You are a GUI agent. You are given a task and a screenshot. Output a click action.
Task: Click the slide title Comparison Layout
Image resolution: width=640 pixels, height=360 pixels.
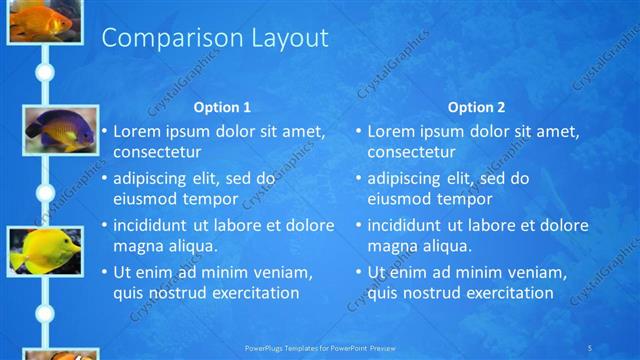click(x=215, y=39)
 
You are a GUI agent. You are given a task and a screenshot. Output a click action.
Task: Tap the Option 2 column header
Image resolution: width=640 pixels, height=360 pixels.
click(x=476, y=107)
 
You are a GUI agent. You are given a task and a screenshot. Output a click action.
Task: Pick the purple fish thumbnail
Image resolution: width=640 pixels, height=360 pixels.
click(x=44, y=128)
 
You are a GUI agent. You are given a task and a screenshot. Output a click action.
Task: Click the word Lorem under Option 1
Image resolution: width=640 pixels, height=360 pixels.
click(x=135, y=131)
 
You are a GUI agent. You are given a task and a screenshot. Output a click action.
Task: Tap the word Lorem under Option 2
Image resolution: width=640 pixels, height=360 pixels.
click(x=389, y=131)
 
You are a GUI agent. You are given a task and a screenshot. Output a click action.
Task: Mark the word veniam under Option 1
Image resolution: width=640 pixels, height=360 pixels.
click(x=283, y=272)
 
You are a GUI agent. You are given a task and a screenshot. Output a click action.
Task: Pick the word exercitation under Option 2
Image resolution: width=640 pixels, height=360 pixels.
click(x=503, y=293)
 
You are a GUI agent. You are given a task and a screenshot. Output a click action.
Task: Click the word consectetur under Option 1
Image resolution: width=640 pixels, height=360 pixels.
click(x=157, y=152)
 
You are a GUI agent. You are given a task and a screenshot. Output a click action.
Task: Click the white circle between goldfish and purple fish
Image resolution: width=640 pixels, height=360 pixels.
click(x=44, y=72)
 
